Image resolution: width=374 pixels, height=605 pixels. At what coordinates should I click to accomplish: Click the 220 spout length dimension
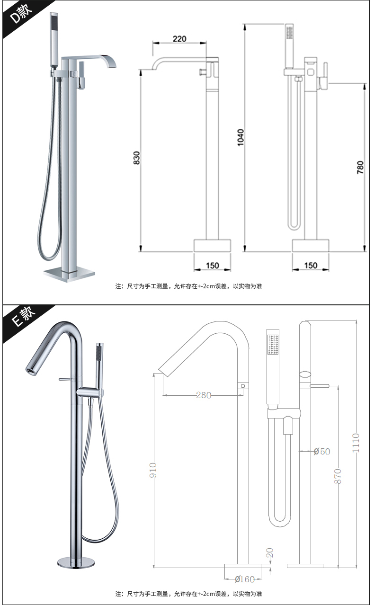(x=179, y=39)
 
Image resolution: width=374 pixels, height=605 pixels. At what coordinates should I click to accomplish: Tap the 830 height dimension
(x=137, y=158)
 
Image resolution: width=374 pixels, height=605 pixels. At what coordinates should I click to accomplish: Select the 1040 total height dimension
(x=240, y=137)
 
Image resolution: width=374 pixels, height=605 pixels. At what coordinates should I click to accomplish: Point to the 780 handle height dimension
(x=360, y=167)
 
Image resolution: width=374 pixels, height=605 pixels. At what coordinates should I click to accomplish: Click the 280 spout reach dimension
(x=204, y=395)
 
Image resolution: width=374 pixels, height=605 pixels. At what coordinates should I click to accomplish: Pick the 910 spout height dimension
(x=153, y=470)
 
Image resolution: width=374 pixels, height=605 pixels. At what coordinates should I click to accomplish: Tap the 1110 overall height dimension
(x=356, y=443)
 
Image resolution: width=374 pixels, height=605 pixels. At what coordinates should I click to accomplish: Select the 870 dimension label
(x=338, y=476)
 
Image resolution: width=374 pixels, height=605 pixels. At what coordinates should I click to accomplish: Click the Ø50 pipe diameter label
(x=322, y=451)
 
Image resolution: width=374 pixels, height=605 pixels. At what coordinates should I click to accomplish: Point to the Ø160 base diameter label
(x=245, y=579)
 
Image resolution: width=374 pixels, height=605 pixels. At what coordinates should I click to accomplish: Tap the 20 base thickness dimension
(x=269, y=553)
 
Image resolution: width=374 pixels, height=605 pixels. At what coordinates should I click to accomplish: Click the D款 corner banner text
(x=21, y=14)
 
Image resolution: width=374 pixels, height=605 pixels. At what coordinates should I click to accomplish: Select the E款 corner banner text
(x=23, y=317)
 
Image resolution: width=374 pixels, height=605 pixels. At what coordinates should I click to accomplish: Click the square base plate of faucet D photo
(x=69, y=275)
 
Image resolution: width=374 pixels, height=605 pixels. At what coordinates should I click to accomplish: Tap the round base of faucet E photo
(x=76, y=562)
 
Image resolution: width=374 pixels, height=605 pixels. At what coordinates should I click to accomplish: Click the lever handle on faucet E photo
(x=66, y=380)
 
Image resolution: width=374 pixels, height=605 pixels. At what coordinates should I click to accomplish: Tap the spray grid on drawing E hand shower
(x=273, y=344)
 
